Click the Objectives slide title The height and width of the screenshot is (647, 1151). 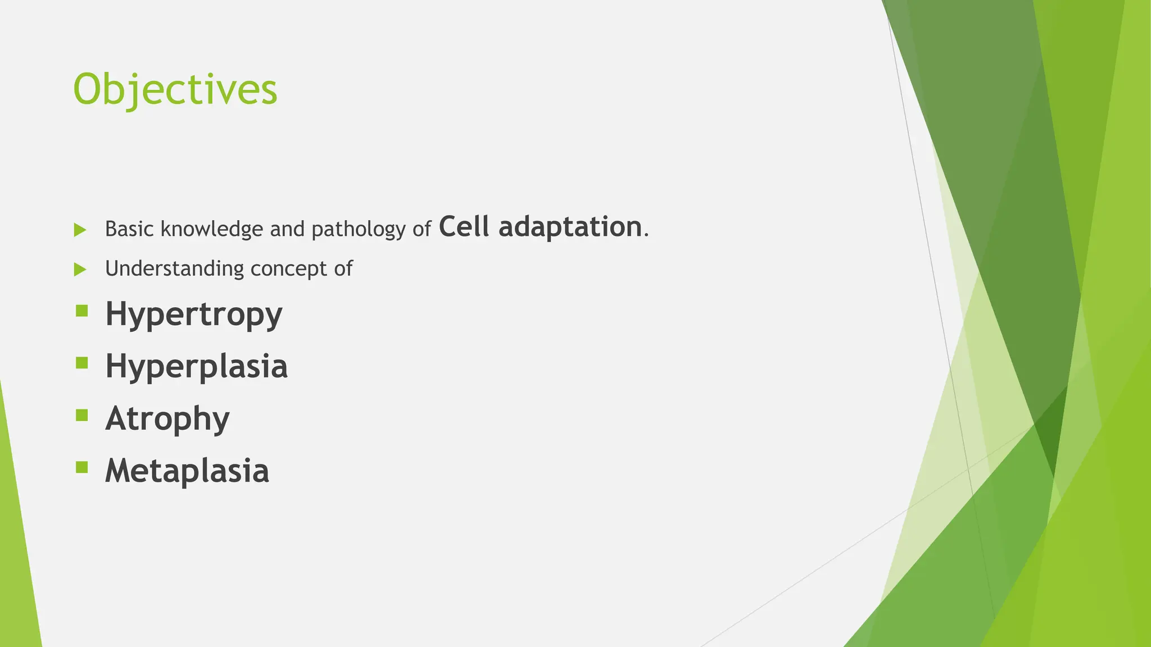click(175, 90)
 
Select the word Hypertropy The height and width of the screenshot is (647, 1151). click(193, 314)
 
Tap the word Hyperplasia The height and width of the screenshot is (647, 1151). click(196, 366)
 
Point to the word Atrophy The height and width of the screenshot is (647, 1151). click(167, 418)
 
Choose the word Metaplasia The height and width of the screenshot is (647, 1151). click(187, 471)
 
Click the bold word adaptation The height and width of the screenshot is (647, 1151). click(570, 227)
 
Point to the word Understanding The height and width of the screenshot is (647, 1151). click(174, 268)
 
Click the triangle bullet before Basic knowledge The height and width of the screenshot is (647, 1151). click(80, 230)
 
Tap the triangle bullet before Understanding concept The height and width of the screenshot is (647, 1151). click(80, 270)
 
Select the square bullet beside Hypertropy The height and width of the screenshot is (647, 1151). click(82, 311)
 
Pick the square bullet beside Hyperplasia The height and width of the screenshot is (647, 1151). click(82, 363)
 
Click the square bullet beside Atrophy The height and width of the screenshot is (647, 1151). click(82, 415)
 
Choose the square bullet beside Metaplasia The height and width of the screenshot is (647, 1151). click(82, 467)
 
